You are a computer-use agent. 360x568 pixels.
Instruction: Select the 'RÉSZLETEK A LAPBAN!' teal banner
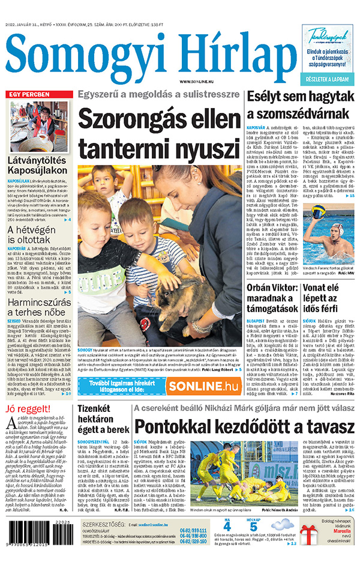click(328, 79)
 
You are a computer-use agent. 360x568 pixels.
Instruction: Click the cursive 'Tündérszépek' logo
click(328, 37)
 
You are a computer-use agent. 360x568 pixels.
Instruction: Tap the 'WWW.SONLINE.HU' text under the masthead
click(197, 81)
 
